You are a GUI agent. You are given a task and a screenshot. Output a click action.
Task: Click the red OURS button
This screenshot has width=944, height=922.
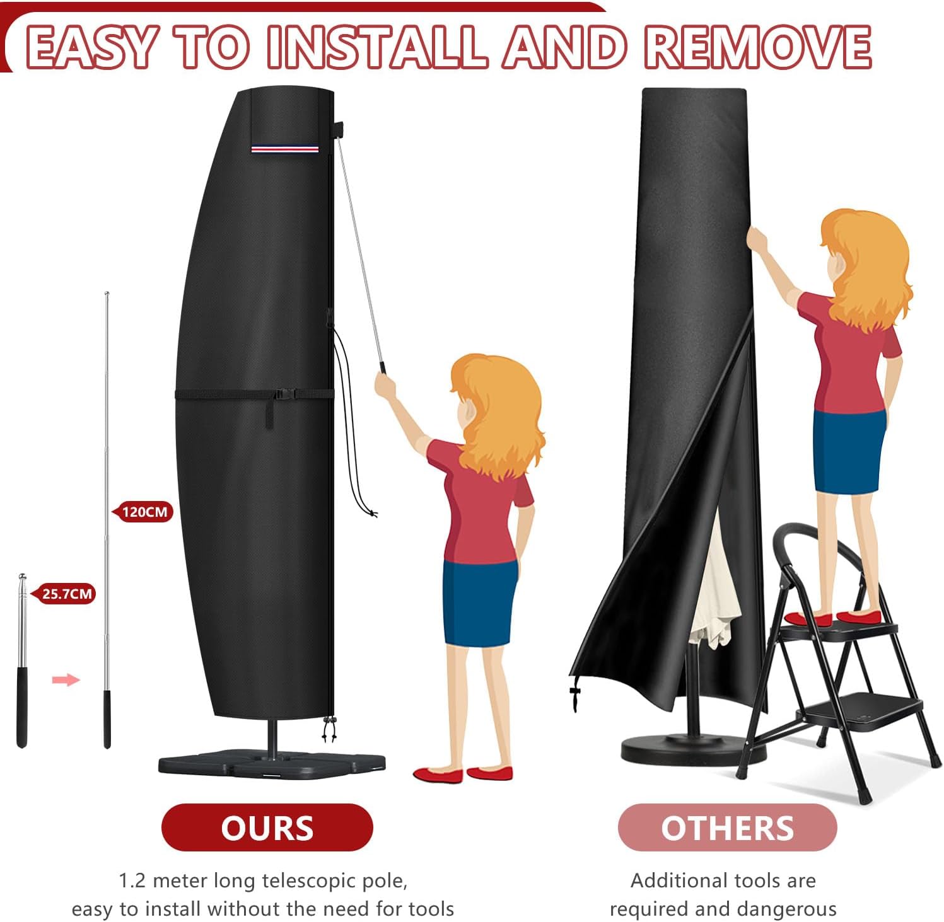(267, 827)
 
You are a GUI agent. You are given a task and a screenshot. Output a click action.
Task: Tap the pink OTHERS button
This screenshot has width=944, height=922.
(727, 827)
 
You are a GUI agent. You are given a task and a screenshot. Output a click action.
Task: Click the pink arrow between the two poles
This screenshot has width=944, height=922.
(66, 679)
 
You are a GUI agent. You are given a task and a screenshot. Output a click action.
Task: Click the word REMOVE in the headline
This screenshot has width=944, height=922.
(757, 47)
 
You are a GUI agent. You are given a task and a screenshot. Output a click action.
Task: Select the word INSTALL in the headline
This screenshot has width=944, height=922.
(377, 47)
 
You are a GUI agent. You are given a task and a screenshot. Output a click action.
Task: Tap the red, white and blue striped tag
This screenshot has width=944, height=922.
(284, 149)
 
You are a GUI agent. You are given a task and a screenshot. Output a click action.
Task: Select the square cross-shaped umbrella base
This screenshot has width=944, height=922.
(271, 761)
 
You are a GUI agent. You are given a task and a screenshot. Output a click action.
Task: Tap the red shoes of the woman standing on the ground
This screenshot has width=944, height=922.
(463, 773)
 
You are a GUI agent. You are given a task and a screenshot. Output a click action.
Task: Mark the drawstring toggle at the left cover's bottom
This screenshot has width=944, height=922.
(329, 730)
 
